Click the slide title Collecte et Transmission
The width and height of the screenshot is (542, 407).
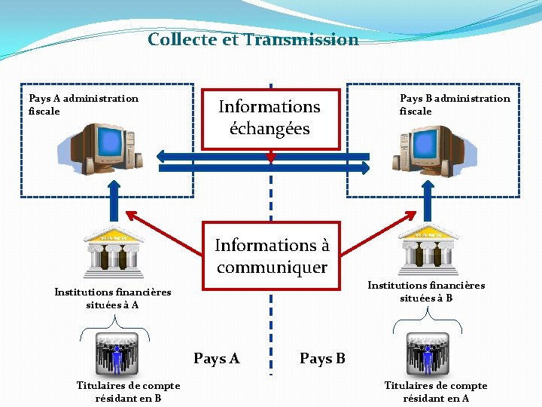(253, 40)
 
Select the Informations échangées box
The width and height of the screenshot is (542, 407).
(269, 118)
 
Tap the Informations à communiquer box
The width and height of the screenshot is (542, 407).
(272, 256)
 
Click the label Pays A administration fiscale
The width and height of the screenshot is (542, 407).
(83, 105)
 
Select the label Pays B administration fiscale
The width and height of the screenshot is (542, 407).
(454, 105)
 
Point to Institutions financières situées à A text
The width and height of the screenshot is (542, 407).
(113, 298)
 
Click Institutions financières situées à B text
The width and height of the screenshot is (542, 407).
(426, 292)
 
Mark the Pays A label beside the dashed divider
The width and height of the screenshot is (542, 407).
(217, 359)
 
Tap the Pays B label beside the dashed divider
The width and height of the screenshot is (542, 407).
(322, 359)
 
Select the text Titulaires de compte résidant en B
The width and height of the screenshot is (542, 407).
(128, 392)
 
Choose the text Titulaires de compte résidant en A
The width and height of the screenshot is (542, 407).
(436, 392)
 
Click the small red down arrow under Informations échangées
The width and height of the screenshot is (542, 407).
(271, 157)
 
